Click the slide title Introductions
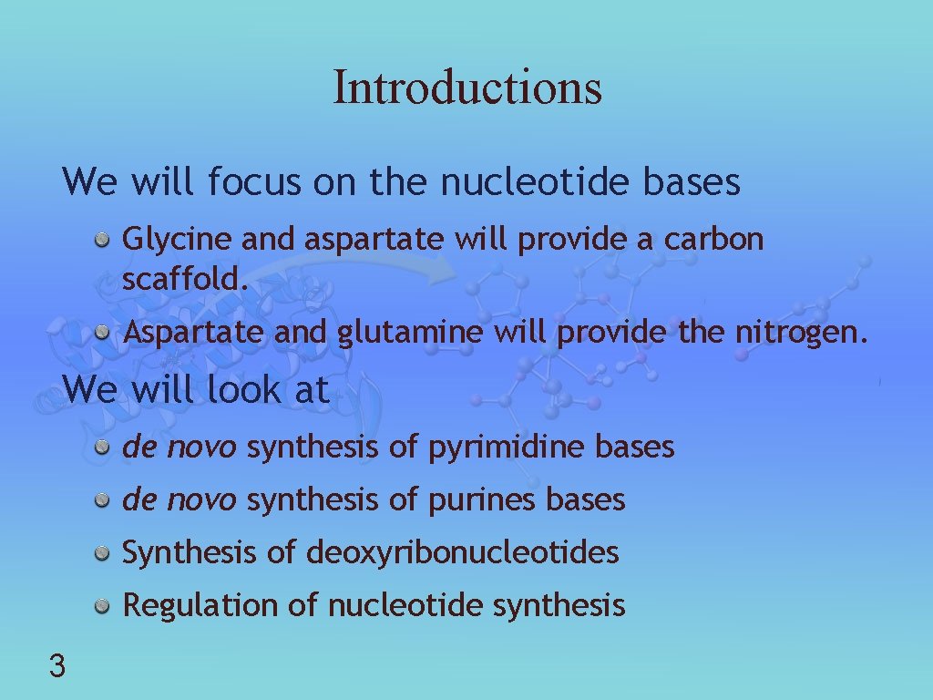tap(466, 87)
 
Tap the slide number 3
tap(56, 667)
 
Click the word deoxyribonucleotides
tap(463, 552)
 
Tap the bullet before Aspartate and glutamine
tap(105, 334)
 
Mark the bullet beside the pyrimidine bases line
tap(105, 447)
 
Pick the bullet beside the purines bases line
tap(105, 499)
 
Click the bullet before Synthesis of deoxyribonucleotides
tap(105, 552)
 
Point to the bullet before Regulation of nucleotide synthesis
tap(105, 605)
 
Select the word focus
tap(253, 182)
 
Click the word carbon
tap(713, 240)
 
